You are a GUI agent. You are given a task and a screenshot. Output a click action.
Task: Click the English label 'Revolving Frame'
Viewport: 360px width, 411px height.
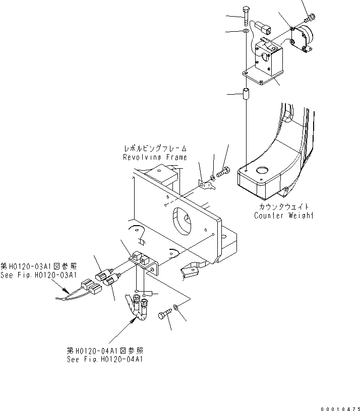(x=155, y=157)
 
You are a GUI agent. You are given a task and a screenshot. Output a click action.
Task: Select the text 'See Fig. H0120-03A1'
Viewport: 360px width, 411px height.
(x=38, y=275)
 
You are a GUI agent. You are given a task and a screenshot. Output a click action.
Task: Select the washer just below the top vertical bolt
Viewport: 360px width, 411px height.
(x=245, y=32)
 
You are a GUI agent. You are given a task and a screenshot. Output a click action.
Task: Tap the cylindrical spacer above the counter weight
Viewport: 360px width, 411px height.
(x=246, y=94)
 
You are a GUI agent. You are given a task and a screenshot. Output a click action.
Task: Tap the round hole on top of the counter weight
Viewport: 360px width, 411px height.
(x=262, y=170)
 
